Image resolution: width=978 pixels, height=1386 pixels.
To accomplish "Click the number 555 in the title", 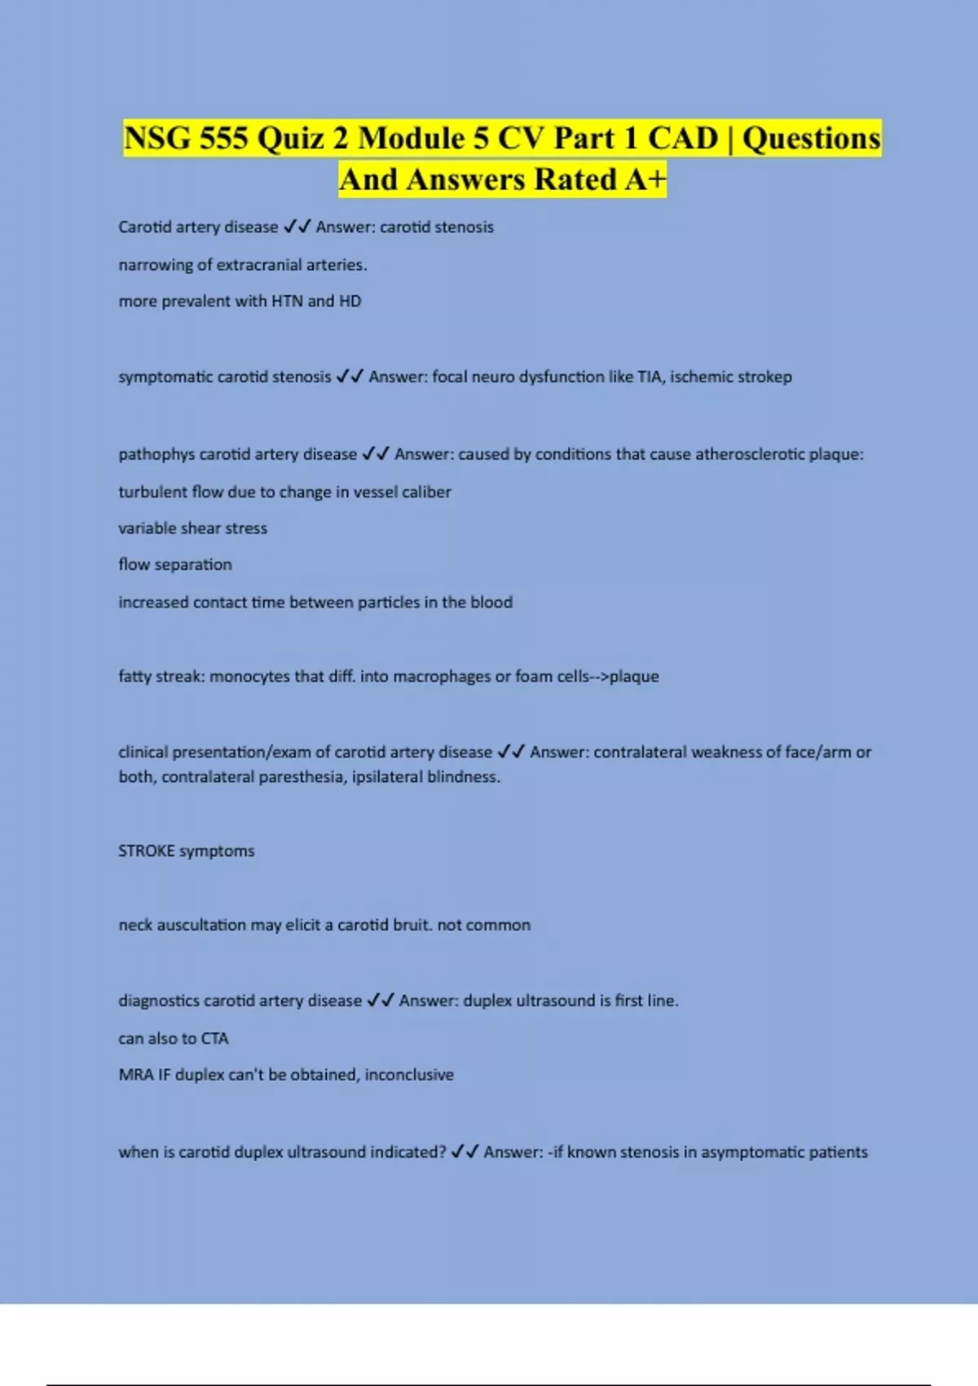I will pyautogui.click(x=223, y=138).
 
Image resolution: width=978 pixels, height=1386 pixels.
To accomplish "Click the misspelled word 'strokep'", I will pyautogui.click(x=763, y=377).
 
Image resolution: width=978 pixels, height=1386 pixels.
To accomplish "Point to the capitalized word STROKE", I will pyautogui.click(x=146, y=851).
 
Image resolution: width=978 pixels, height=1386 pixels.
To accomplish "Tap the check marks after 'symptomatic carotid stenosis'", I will pyautogui.click(x=350, y=377).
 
